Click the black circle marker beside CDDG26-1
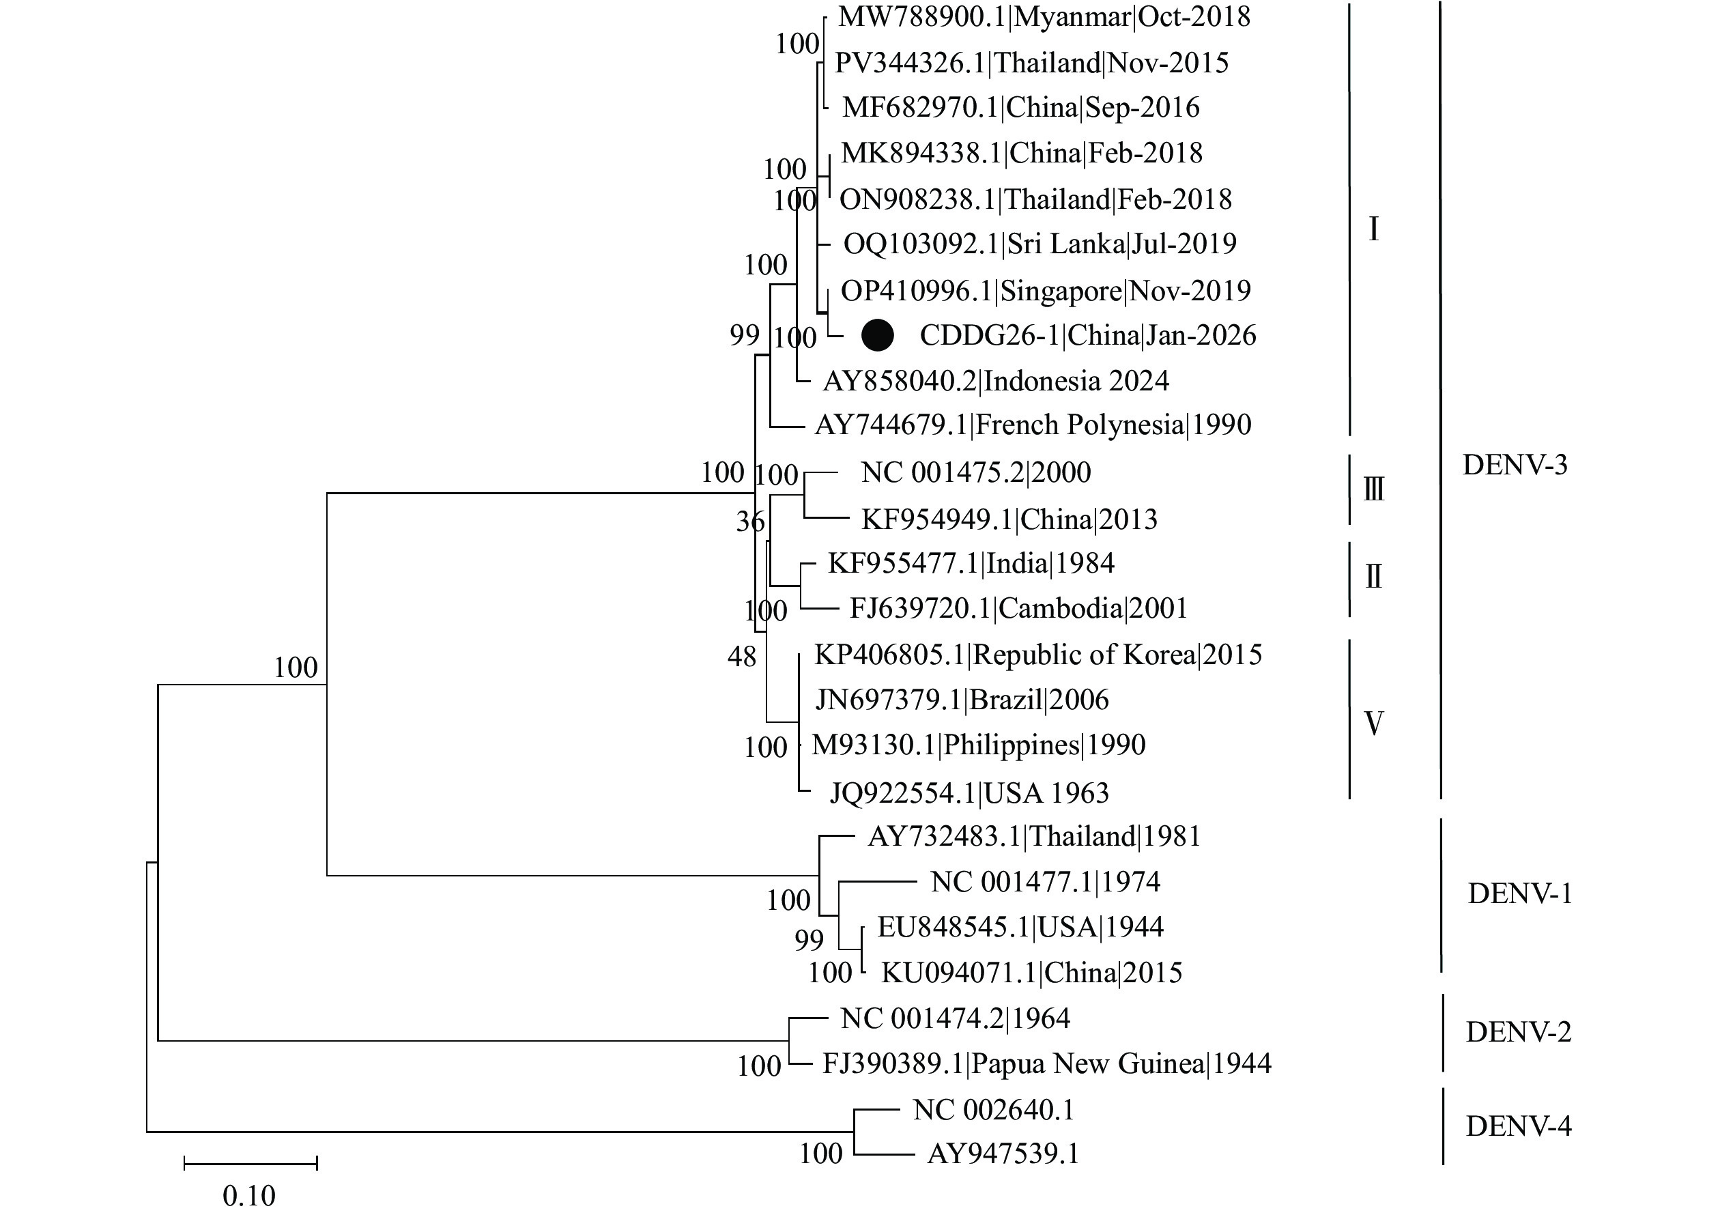(x=878, y=335)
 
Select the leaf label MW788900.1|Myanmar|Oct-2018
(x=1044, y=16)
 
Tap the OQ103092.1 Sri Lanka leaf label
(x=1040, y=244)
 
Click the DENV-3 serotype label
(x=1515, y=465)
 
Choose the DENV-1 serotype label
(x=1519, y=894)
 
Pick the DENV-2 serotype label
(x=1519, y=1032)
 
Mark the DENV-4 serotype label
(x=1519, y=1126)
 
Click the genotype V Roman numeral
(x=1373, y=724)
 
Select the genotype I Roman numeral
(x=1373, y=229)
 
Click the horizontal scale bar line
(x=250, y=1162)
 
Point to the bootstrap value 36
(x=750, y=521)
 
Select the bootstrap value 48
(x=742, y=657)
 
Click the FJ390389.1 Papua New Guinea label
(x=1046, y=1063)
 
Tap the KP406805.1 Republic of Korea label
(x=1037, y=655)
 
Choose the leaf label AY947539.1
(x=1003, y=1154)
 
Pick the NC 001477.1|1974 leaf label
(x=1045, y=882)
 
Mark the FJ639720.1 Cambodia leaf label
(x=1018, y=607)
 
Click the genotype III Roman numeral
(x=1373, y=490)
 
